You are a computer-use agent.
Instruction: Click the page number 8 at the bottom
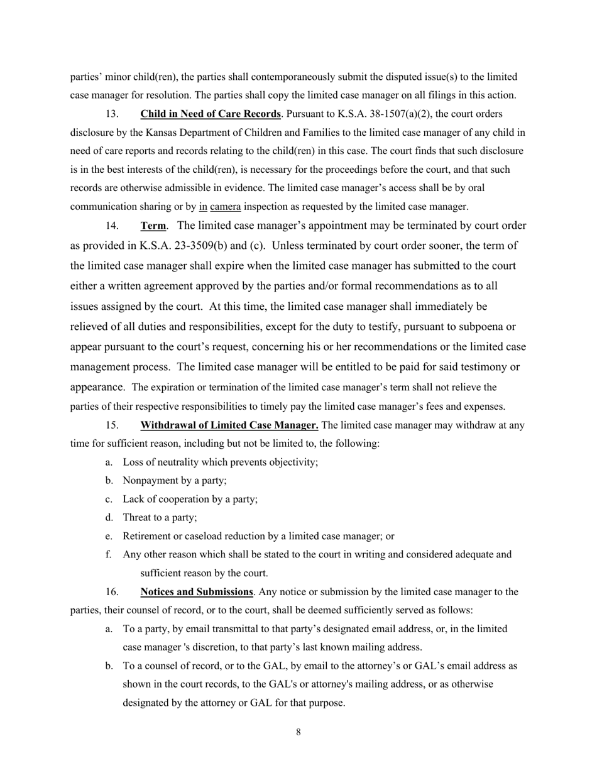(298, 732)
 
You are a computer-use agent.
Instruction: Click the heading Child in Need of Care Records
(211, 114)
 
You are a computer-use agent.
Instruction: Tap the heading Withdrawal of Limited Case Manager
(229, 425)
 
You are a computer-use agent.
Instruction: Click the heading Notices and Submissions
(197, 592)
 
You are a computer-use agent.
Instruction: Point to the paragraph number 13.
(111, 114)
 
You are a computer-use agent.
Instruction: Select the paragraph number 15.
(111, 425)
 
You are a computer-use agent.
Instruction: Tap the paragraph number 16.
(111, 592)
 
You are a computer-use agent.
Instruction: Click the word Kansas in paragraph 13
(164, 133)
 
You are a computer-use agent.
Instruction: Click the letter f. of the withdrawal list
(109, 555)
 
